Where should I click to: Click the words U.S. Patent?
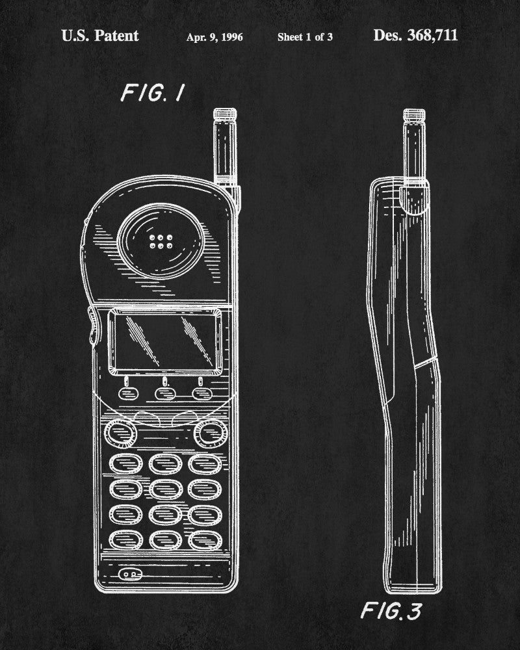click(99, 36)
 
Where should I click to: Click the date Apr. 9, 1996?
click(214, 37)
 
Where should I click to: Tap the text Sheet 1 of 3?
click(305, 37)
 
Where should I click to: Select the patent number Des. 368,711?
click(415, 36)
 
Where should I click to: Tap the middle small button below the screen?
click(164, 393)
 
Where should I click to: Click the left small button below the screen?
click(125, 393)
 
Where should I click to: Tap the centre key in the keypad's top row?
click(164, 463)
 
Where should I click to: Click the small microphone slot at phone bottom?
click(129, 575)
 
